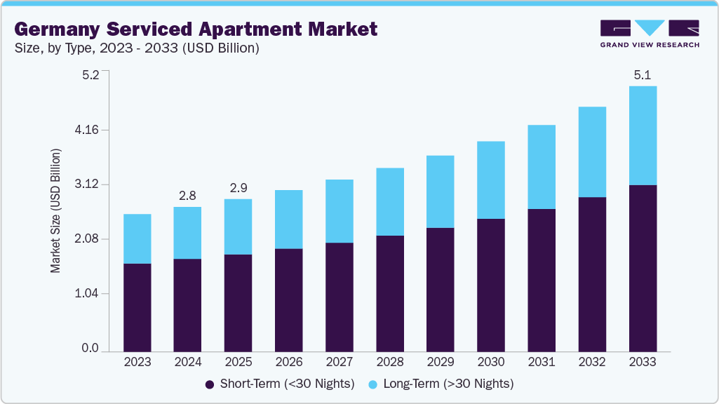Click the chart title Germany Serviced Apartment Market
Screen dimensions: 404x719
pyautogui.click(x=196, y=29)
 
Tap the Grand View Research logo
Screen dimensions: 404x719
pyautogui.click(x=649, y=34)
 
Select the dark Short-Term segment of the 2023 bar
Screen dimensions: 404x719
pyautogui.click(x=137, y=307)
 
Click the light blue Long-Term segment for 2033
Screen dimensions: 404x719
pyautogui.click(x=643, y=135)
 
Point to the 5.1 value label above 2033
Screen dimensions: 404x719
pyautogui.click(x=643, y=74)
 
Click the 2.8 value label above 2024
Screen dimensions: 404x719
pyautogui.click(x=187, y=195)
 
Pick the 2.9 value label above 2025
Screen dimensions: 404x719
pyautogui.click(x=238, y=188)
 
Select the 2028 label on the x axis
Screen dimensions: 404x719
pyautogui.click(x=390, y=362)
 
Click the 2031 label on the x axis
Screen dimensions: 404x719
pyautogui.click(x=542, y=362)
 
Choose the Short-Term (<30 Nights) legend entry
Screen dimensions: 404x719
pyautogui.click(x=280, y=384)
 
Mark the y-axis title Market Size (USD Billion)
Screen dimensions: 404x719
pyautogui.click(x=55, y=211)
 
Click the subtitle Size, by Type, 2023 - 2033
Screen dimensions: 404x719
pyautogui.click(x=137, y=48)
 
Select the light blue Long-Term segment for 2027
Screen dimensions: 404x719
pyautogui.click(x=340, y=211)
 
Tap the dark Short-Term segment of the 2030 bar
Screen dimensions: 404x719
pyautogui.click(x=491, y=285)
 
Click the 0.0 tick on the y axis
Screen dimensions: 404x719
pyautogui.click(x=90, y=349)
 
